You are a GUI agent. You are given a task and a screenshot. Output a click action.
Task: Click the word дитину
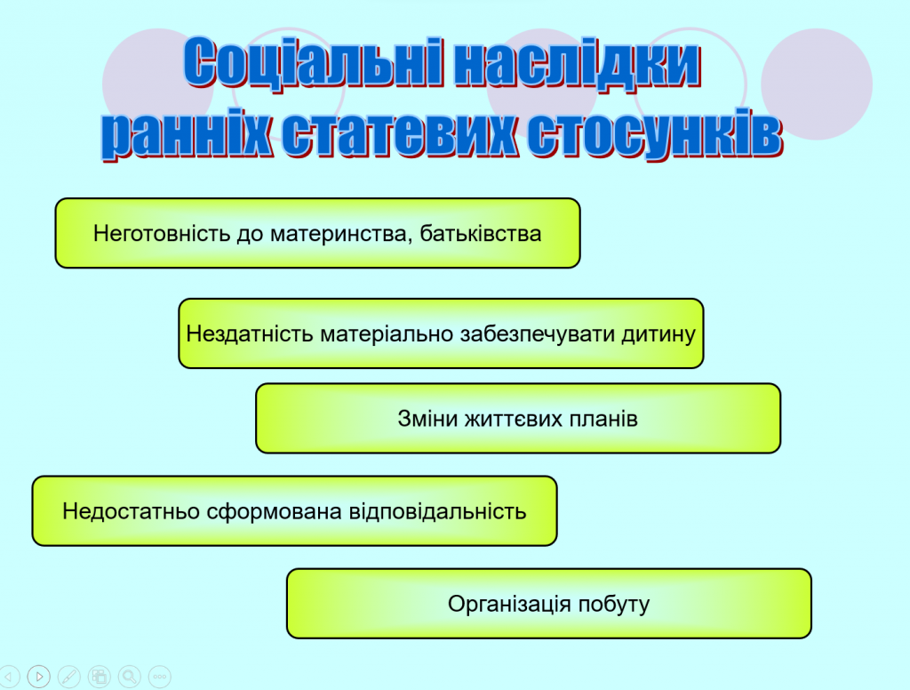coord(661,334)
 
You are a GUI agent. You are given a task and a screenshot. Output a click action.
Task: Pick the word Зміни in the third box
coord(427,419)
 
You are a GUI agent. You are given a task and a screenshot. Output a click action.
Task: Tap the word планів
coord(604,419)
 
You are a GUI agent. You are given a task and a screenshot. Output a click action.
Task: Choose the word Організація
coord(509,605)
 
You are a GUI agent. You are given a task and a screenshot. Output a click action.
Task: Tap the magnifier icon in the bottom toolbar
coord(130,677)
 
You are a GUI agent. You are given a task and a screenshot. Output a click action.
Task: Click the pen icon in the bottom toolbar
coord(69,677)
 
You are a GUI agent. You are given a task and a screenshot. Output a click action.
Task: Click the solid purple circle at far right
coord(817,84)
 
